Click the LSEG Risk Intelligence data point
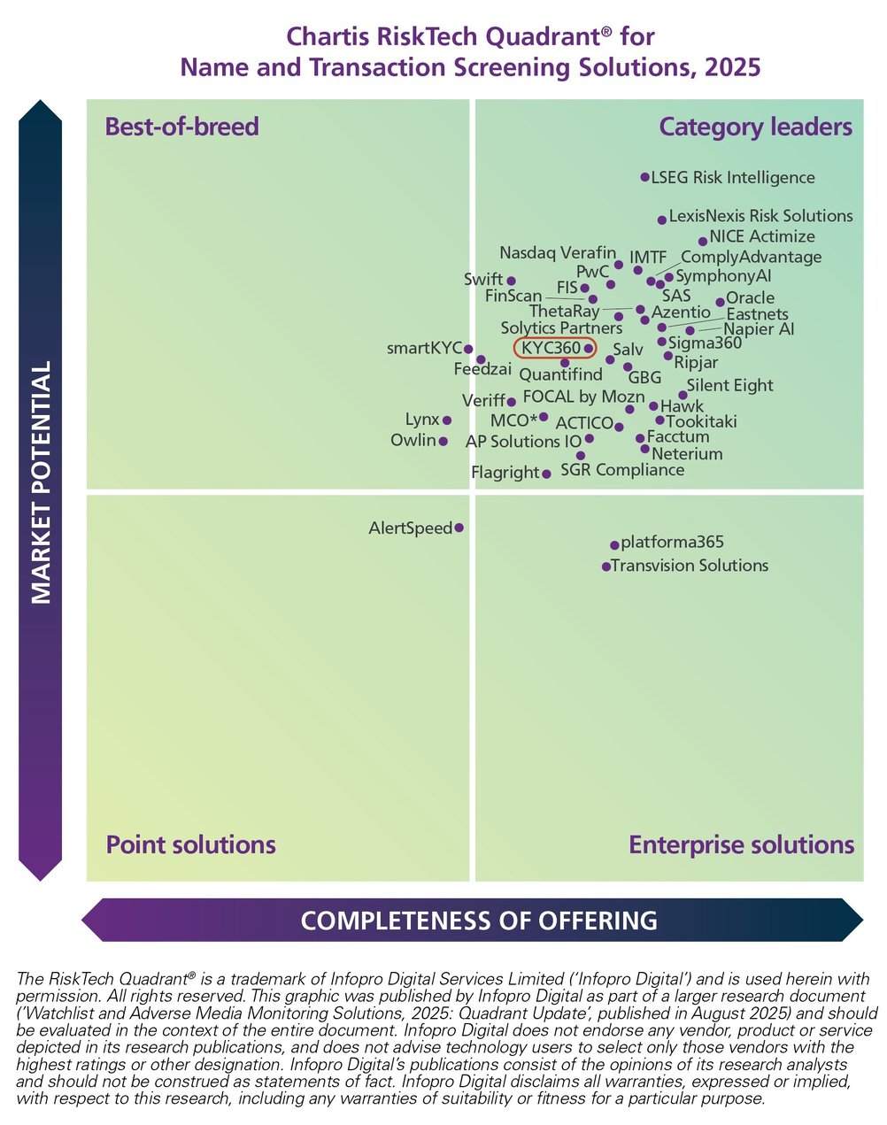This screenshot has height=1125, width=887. pyautogui.click(x=644, y=177)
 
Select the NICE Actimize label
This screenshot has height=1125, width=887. pyautogui.click(x=761, y=237)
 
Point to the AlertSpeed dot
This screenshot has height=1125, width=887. pyautogui.click(x=459, y=528)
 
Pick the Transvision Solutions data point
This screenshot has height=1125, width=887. pyautogui.click(x=606, y=566)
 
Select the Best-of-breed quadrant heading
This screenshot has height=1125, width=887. pyautogui.click(x=181, y=127)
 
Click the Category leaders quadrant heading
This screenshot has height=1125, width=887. pyautogui.click(x=755, y=127)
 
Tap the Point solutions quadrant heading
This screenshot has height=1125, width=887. pyautogui.click(x=190, y=844)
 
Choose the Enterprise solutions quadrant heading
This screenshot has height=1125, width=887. pyautogui.click(x=741, y=844)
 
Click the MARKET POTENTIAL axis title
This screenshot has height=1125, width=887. pyautogui.click(x=42, y=482)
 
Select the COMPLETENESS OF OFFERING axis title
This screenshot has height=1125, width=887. pyautogui.click(x=479, y=921)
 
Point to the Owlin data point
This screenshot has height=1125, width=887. pyautogui.click(x=443, y=441)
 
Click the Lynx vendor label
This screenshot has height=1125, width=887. pyautogui.click(x=421, y=420)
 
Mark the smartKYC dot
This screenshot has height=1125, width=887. pyautogui.click(x=468, y=350)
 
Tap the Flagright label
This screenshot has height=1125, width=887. pyautogui.click(x=505, y=473)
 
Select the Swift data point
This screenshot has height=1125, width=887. pyautogui.click(x=511, y=281)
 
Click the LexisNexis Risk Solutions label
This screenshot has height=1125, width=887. pyautogui.click(x=760, y=216)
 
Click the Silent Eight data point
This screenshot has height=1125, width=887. pyautogui.click(x=682, y=395)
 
